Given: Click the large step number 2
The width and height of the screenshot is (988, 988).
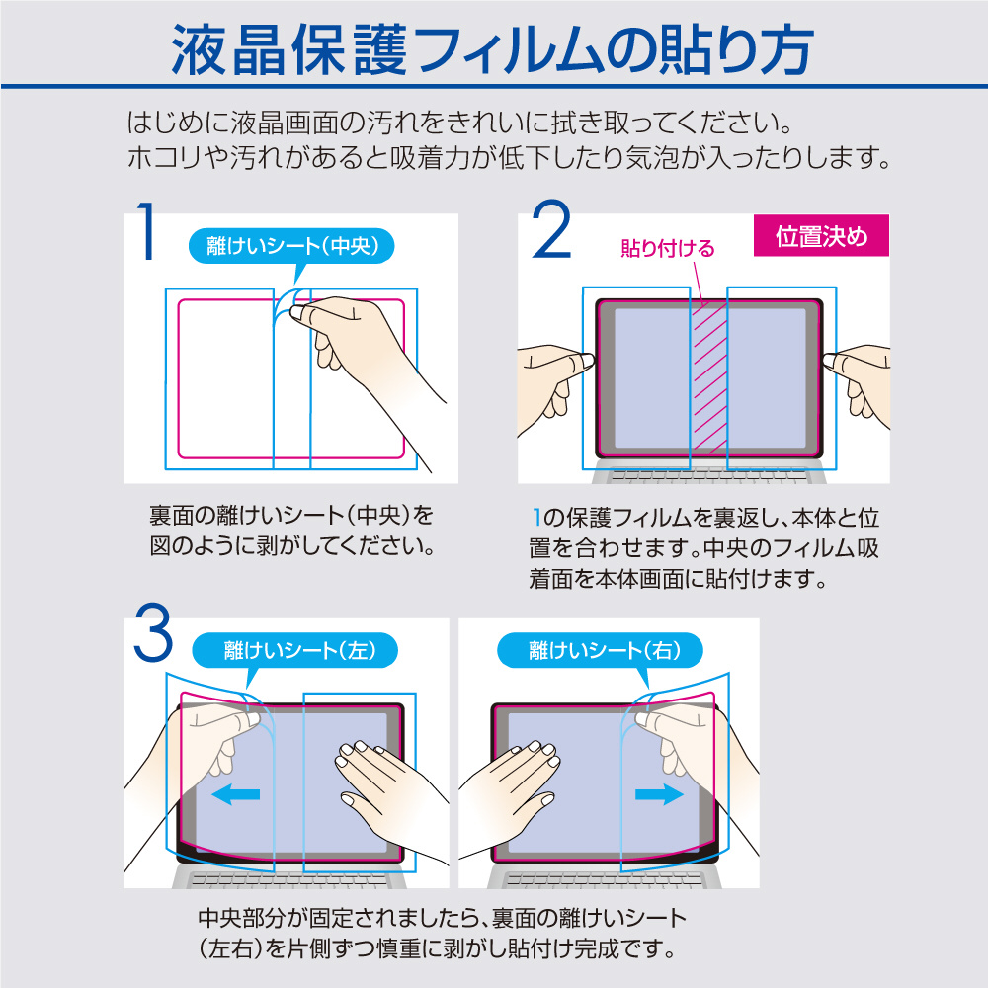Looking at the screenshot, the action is click(x=551, y=229).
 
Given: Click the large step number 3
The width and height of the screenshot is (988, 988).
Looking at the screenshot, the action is click(x=153, y=632).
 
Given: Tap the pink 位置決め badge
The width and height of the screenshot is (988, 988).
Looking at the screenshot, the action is click(x=821, y=236).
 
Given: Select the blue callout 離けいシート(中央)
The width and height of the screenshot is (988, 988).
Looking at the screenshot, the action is click(x=291, y=247).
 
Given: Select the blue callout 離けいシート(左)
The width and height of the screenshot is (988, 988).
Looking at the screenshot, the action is click(x=294, y=651).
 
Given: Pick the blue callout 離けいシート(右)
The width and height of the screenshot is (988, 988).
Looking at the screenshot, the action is click(x=601, y=651).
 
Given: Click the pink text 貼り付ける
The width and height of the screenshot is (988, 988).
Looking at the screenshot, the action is click(x=667, y=248).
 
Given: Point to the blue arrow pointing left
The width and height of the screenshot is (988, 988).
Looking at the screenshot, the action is click(x=236, y=794).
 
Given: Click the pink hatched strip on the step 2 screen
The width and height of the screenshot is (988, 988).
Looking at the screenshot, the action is click(x=708, y=378).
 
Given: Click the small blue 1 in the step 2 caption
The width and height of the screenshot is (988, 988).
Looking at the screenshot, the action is click(x=536, y=518).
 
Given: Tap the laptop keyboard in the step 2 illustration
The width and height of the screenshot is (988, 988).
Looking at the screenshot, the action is click(x=708, y=475).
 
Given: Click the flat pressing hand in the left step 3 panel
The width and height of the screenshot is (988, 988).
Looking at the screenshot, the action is click(x=390, y=795).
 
